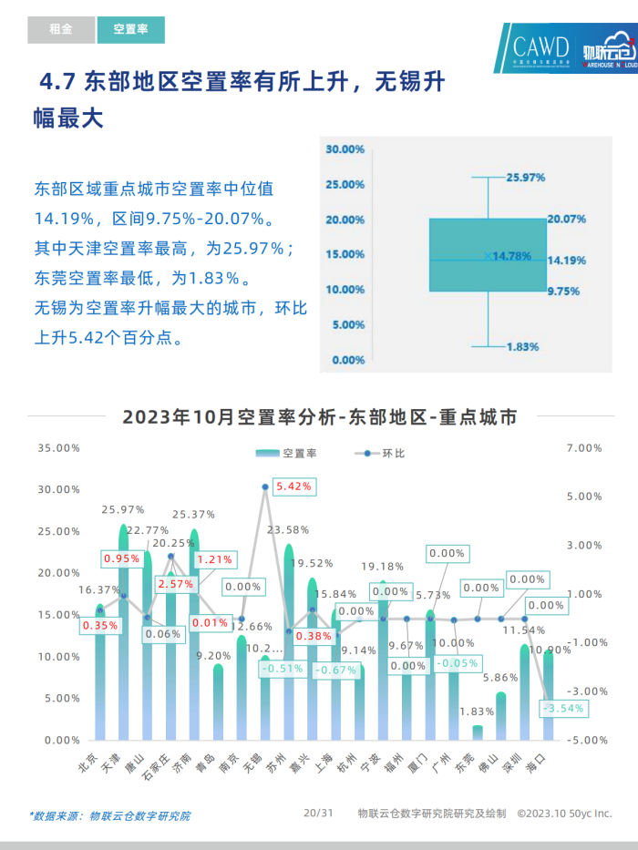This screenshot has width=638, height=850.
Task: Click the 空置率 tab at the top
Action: coord(130,29)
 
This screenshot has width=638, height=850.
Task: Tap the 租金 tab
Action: coord(61,29)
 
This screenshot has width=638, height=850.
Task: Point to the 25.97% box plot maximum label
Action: coord(526,178)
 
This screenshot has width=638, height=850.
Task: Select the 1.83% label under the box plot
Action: coord(523,347)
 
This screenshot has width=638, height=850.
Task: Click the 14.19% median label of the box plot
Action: coord(566,261)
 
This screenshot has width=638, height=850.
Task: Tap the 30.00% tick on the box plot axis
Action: coord(345,148)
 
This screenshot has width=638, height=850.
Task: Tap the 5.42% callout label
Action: coord(293,486)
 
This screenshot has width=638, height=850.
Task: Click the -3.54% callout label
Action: coord(562,708)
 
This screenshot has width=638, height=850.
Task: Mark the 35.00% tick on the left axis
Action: coord(59,448)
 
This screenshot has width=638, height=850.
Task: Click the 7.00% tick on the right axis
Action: coord(584,448)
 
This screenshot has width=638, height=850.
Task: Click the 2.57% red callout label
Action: coord(176,584)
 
